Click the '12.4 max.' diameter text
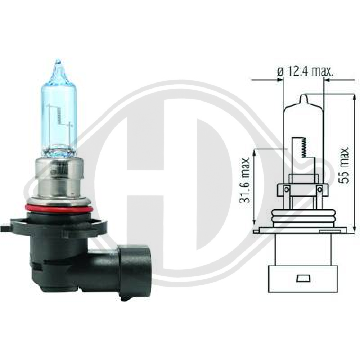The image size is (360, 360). pyautogui.click(x=310, y=72)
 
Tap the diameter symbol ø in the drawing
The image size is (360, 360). pyautogui.click(x=280, y=72)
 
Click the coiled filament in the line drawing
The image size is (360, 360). pyautogui.click(x=304, y=148)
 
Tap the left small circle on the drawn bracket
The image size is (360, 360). pyautogui.click(x=287, y=189)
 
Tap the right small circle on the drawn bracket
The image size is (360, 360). pyautogui.click(x=319, y=189)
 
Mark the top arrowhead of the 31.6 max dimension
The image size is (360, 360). pyautogui.click(x=255, y=153)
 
